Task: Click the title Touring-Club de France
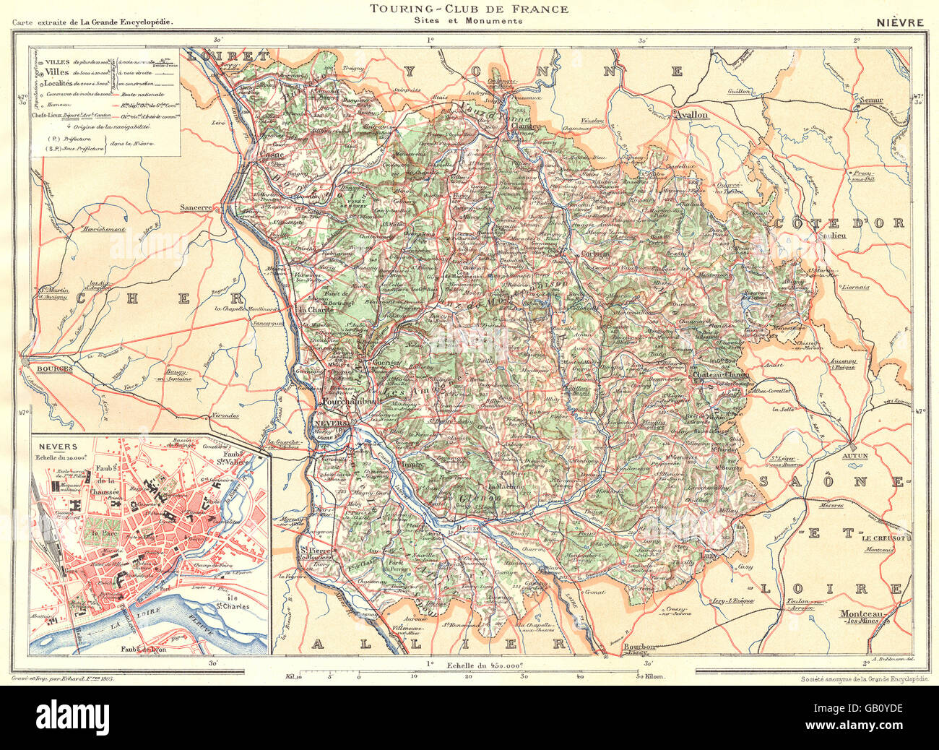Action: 469,9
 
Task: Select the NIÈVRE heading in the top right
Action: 899,22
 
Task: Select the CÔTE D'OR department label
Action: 839,223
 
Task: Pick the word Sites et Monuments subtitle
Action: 469,22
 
